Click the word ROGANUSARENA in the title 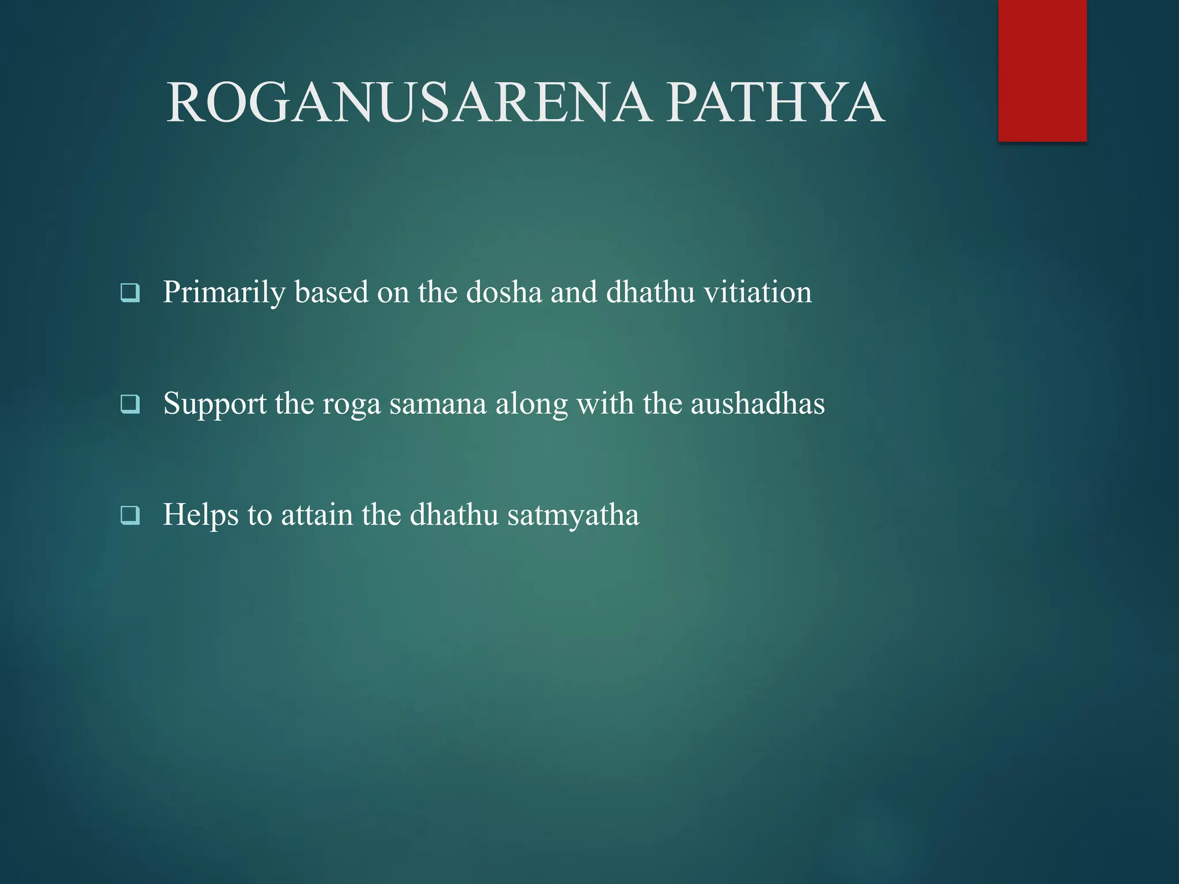[x=409, y=103]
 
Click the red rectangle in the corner [x=1042, y=70]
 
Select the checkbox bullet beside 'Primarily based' [x=130, y=293]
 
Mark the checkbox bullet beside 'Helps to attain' [x=130, y=515]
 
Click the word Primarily [x=224, y=293]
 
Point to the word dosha [x=504, y=292]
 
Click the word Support [x=215, y=404]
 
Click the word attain [x=317, y=515]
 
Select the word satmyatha [x=573, y=515]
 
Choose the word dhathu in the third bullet [x=454, y=515]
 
